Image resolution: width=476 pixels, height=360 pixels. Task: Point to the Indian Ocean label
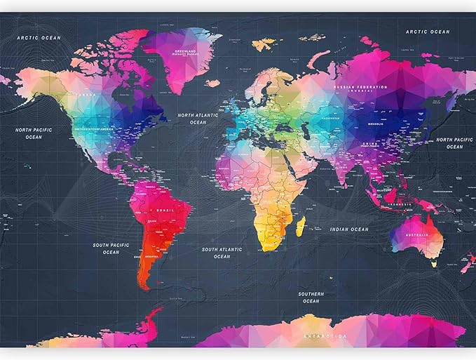tap(349, 229)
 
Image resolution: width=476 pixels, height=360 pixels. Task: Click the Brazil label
tap(166, 211)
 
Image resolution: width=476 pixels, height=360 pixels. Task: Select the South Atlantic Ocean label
tap(222, 253)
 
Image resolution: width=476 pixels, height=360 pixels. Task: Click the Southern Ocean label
tap(311, 297)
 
